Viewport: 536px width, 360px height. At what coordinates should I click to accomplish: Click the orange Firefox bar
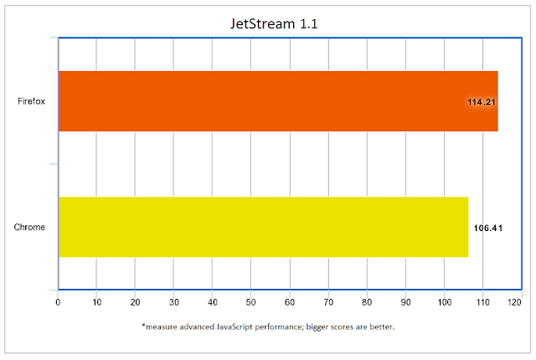276,101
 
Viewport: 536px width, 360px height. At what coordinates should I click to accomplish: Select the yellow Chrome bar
262,227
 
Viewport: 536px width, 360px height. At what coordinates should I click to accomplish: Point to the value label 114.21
482,102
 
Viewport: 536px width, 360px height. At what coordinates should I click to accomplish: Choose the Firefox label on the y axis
31,102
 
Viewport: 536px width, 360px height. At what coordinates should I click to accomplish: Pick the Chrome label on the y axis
29,228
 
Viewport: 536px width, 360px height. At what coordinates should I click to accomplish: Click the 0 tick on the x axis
58,301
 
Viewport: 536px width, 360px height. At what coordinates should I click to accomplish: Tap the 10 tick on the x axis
96,301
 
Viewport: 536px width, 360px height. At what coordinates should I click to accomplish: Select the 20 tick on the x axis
135,301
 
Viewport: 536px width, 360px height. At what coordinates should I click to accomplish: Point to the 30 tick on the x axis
173,301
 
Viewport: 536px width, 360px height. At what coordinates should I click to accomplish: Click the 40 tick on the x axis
212,301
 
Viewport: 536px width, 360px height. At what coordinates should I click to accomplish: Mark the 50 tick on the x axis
250,301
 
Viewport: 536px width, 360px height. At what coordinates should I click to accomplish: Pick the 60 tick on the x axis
289,301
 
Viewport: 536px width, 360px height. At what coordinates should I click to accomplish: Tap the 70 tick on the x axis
327,301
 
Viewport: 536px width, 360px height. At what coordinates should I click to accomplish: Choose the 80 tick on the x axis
366,301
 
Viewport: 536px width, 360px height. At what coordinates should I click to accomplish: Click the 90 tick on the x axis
405,301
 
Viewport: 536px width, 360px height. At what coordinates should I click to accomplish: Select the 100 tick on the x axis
443,301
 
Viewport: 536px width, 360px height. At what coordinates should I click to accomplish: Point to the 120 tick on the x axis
514,301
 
